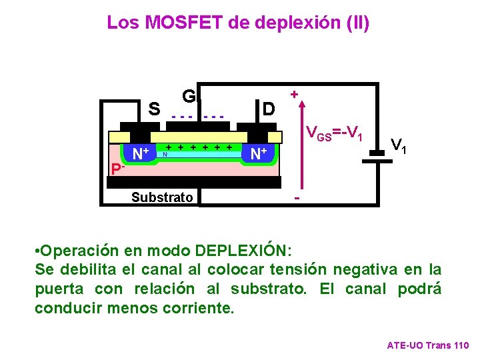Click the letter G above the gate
(x=189, y=97)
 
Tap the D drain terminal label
(x=268, y=109)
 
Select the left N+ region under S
(x=140, y=154)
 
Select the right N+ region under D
(x=258, y=154)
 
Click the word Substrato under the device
(x=162, y=197)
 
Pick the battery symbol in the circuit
(x=378, y=155)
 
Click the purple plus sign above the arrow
(x=294, y=95)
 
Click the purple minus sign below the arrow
(x=297, y=199)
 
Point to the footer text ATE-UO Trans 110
(x=428, y=345)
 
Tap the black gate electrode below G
(x=198, y=127)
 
